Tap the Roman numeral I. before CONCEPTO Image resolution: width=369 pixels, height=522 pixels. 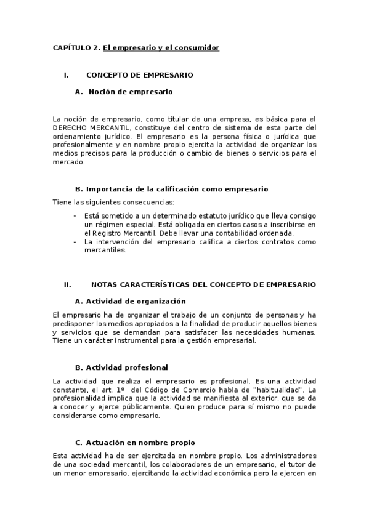click(x=65, y=75)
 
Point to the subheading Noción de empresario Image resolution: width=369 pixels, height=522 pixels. click(x=131, y=92)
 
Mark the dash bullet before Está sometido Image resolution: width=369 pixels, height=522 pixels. click(x=75, y=215)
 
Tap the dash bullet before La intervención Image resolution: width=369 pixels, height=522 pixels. click(x=75, y=242)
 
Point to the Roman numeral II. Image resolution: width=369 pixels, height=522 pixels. click(x=68, y=284)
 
